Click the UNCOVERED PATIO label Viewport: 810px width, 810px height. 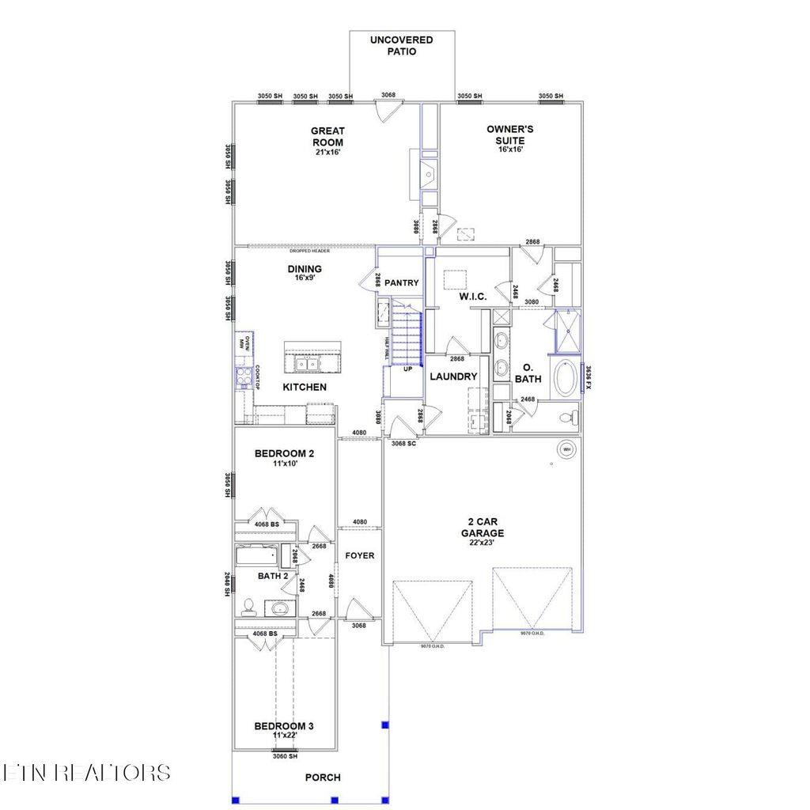tap(402, 46)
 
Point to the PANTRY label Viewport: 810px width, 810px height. tap(402, 282)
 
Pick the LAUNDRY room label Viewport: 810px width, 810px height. tap(453, 377)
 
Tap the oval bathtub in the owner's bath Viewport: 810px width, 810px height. tap(564, 379)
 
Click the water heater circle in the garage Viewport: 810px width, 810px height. tap(566, 450)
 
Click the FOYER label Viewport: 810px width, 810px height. tap(360, 555)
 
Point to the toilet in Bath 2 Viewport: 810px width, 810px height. tap(248, 606)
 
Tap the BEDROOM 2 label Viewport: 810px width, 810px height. tap(284, 454)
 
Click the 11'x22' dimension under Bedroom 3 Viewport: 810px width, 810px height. tap(284, 736)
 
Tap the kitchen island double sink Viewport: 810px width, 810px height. tap(306, 363)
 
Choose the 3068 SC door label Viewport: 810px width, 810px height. tap(403, 444)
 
